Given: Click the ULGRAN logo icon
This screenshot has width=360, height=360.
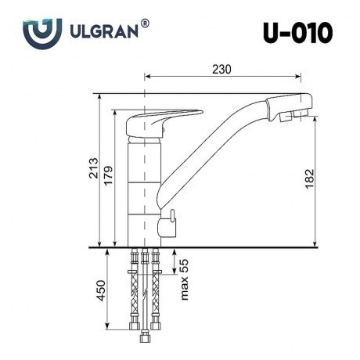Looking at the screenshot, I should point(39,34).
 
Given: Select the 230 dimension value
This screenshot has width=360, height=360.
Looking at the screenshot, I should point(221,70).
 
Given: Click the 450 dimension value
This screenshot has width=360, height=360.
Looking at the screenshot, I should point(101,291).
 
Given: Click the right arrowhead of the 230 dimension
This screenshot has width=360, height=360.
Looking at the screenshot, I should point(299,77).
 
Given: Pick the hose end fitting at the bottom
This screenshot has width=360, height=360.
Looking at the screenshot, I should point(144,339).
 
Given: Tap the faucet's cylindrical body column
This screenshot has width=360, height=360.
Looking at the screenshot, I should point(144,188).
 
